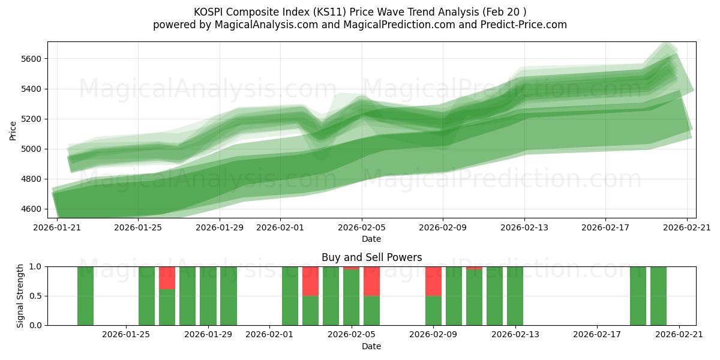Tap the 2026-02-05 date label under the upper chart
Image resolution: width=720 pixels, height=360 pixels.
coord(361,227)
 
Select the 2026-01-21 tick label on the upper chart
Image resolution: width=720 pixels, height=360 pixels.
coord(57,227)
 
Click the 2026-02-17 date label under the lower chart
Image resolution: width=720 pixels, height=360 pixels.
coord(597,335)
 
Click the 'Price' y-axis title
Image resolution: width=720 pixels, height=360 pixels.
coord(13,130)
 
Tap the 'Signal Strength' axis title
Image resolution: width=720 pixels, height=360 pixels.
coord(20,296)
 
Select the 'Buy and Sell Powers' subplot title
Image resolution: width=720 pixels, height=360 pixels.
coord(371,257)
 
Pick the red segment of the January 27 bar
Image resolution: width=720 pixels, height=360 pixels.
coord(167,278)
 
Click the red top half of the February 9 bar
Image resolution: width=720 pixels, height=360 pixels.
coord(433,281)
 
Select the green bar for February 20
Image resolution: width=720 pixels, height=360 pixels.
coord(658,296)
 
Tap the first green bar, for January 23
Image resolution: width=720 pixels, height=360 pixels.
coord(85,296)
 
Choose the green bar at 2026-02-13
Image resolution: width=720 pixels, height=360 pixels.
coord(515,296)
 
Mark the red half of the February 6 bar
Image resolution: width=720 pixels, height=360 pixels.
coord(371,281)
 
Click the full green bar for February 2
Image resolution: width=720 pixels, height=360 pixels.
coord(290,296)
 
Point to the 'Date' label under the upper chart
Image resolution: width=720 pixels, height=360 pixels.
coord(371,239)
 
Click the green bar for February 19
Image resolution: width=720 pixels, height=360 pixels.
coord(638,296)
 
